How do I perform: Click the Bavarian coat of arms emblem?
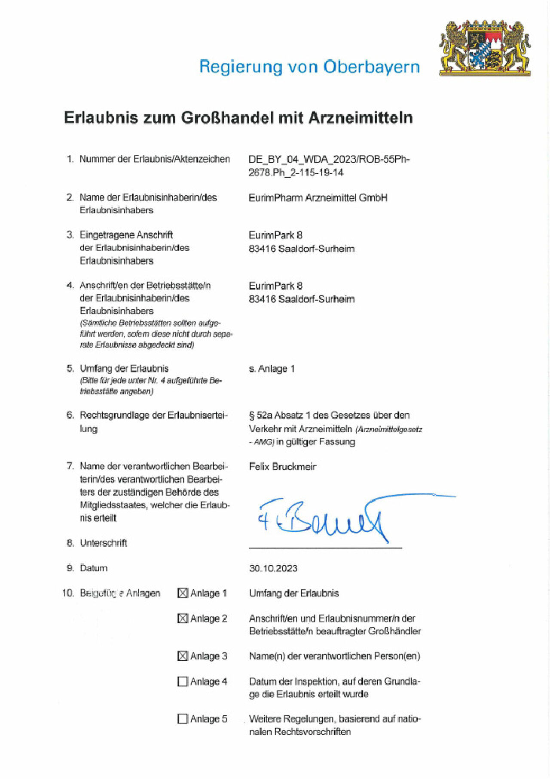(x=485, y=48)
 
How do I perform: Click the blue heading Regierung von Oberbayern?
(x=309, y=67)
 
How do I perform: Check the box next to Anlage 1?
(x=183, y=593)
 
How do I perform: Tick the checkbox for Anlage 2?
(x=183, y=618)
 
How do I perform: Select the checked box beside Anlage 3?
(x=183, y=656)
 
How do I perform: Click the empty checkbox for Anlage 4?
(x=183, y=681)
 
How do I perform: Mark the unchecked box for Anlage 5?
(x=183, y=719)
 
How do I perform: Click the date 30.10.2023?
(x=273, y=568)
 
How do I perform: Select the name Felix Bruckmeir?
(x=282, y=466)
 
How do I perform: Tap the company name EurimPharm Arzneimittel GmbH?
(x=318, y=198)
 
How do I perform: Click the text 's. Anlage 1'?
(x=272, y=369)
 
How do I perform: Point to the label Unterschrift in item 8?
(x=103, y=543)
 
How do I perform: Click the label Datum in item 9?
(x=94, y=568)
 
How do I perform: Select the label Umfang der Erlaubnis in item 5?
(x=124, y=369)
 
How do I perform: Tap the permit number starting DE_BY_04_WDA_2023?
(x=329, y=160)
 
